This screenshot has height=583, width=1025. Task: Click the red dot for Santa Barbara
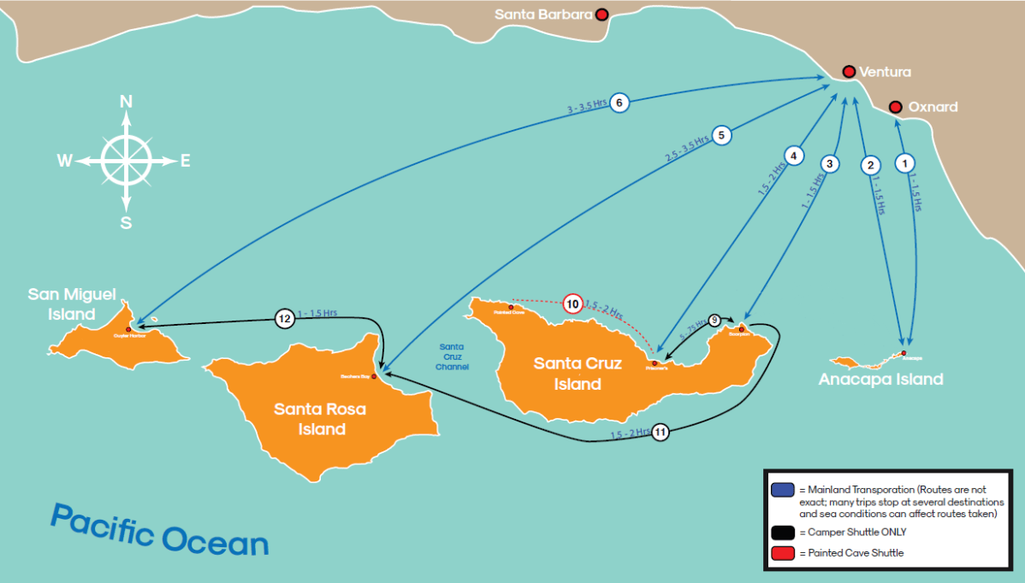click(x=602, y=14)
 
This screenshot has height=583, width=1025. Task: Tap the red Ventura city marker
click(x=849, y=71)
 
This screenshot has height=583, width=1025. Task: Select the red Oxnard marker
click(x=895, y=107)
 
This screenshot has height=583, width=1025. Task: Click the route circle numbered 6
click(x=620, y=103)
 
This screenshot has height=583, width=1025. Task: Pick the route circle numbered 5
click(x=722, y=134)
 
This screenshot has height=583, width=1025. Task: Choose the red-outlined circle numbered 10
click(x=572, y=303)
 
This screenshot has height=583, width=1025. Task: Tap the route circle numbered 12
click(x=285, y=318)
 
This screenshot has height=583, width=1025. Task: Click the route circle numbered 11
click(x=660, y=432)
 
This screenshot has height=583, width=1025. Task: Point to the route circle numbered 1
click(x=904, y=160)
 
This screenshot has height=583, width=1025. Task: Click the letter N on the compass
click(x=126, y=101)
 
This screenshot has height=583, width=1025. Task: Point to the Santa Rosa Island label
click(x=320, y=419)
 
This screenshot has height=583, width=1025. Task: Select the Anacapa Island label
click(x=880, y=379)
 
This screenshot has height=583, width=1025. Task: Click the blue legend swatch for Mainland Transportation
click(x=782, y=490)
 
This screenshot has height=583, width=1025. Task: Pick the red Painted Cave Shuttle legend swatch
click(x=782, y=553)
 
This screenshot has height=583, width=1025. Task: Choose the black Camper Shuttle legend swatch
click(x=782, y=532)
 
